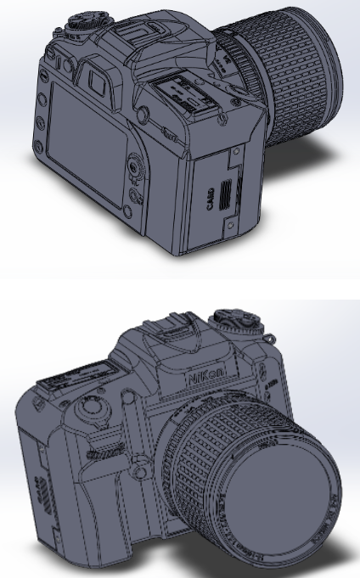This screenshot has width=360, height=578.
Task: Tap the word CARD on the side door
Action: pos(209,199)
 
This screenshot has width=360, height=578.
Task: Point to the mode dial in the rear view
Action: pos(80,22)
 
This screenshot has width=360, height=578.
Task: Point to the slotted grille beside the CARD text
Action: pos(224,194)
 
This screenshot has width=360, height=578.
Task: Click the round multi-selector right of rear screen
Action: pos(135,166)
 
